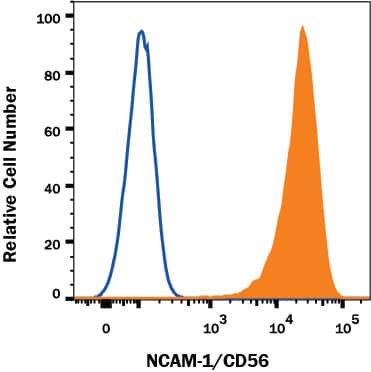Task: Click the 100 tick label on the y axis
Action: click(x=48, y=17)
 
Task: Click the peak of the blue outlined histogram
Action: click(x=141, y=32)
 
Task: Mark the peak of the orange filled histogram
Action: click(x=301, y=27)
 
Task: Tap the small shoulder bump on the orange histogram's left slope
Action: click(x=256, y=281)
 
